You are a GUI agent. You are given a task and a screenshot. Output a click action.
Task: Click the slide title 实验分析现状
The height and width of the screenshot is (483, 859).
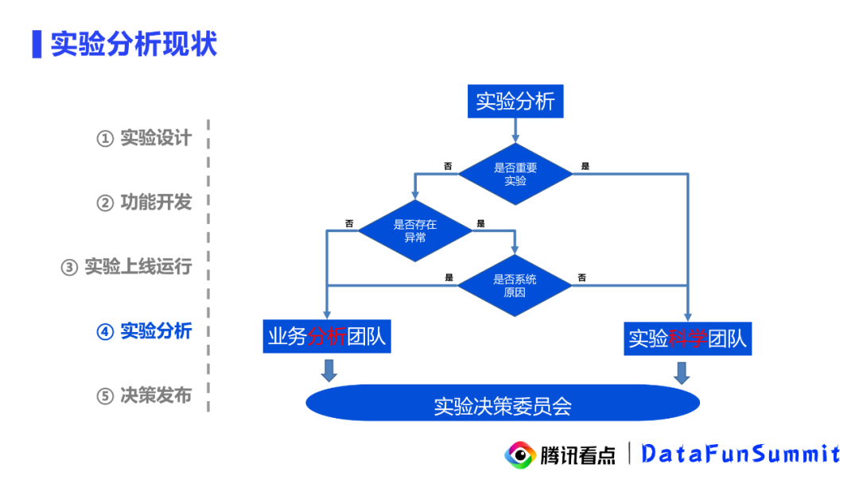point(134,44)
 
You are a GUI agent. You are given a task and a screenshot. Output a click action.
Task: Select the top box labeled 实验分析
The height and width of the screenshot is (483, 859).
point(515,102)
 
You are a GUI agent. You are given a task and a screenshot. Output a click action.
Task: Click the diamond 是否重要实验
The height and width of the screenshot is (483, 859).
point(515,174)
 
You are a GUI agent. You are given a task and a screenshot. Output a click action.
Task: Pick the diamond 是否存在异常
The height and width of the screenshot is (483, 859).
point(414,230)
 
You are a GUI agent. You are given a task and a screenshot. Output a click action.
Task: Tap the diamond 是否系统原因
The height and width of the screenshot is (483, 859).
point(515,285)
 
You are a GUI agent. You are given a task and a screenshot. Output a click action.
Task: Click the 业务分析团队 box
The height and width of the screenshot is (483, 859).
point(327,337)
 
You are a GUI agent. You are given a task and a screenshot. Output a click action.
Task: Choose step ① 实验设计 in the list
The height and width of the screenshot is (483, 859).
point(144,138)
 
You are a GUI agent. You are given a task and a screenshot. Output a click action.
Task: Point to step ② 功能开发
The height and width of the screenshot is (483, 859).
point(144,203)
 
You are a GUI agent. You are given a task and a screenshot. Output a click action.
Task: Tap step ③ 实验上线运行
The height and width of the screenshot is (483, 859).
point(126,267)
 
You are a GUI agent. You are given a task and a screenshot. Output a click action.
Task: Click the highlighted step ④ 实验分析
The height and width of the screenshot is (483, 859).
point(144,331)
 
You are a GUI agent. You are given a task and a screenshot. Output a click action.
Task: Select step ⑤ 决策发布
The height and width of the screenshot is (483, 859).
point(144,396)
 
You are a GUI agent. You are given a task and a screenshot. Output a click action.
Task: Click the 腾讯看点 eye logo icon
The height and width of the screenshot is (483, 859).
point(520,454)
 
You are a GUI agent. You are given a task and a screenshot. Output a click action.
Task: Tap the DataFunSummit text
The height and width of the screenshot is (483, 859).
point(740,454)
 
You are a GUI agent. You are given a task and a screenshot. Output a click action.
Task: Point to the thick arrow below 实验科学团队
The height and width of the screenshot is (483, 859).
point(682,372)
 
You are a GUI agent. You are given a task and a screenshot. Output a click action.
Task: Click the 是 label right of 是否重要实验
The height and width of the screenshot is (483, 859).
point(585,166)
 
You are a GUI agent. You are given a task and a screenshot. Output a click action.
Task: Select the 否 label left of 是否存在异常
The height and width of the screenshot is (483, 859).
point(349,223)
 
